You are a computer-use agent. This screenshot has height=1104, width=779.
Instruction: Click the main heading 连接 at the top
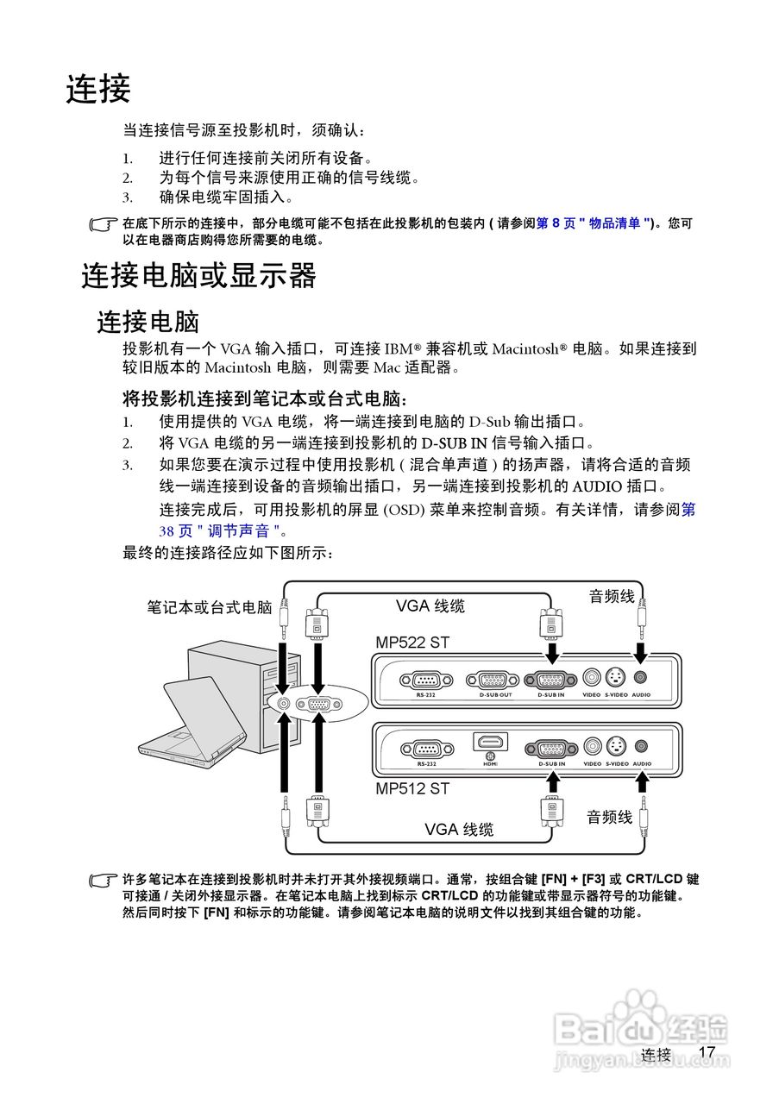(98, 89)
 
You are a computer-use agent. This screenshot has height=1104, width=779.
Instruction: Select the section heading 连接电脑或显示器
(198, 276)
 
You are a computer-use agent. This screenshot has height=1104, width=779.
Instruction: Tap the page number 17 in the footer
(707, 1052)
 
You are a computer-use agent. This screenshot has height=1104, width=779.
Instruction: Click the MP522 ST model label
(412, 643)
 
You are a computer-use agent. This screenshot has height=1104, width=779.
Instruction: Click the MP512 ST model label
(412, 787)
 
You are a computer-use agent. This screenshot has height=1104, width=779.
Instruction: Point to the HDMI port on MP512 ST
(490, 743)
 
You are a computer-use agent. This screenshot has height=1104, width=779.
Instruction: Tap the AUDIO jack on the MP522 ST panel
(641, 678)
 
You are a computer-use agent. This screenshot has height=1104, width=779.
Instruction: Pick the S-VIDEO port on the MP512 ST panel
(616, 747)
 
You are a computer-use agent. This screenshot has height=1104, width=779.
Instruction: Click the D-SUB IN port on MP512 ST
(551, 748)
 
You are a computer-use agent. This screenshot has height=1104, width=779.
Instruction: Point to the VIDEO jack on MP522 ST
(592, 678)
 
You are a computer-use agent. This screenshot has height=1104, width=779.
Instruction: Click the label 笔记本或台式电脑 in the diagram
(210, 607)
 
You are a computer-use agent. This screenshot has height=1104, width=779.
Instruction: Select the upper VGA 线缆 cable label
(430, 606)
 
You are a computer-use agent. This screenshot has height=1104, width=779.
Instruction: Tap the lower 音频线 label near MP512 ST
(610, 817)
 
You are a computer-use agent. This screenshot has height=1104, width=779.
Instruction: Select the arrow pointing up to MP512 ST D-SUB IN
(551, 781)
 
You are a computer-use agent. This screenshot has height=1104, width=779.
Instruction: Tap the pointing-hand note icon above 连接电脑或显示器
(104, 224)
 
